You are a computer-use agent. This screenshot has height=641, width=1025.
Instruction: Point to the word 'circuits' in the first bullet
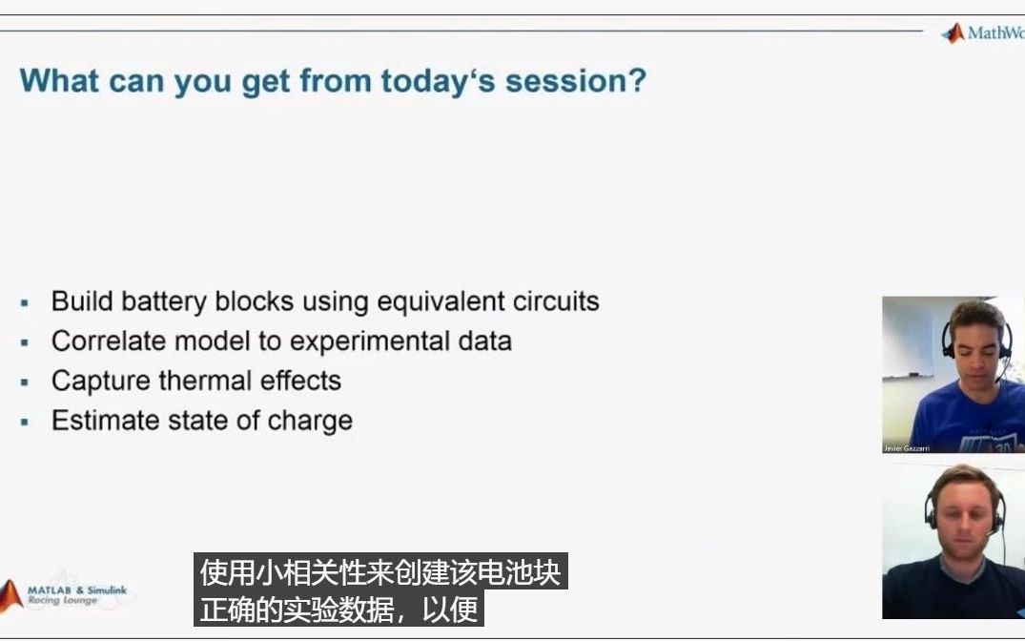[x=556, y=301]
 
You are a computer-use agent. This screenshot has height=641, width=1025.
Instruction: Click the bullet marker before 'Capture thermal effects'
[x=25, y=382]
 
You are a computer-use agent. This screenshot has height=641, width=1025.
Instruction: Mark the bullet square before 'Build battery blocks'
[x=25, y=302]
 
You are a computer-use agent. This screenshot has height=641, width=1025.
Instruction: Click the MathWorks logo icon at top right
[x=953, y=33]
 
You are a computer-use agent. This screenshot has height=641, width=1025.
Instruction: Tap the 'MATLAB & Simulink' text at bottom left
[x=76, y=590]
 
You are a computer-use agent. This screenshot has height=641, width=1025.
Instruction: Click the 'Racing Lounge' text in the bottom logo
[x=62, y=601]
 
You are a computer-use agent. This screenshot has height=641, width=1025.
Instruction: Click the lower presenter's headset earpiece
[x=930, y=516]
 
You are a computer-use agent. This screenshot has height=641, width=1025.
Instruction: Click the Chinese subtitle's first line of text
[x=380, y=573]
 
